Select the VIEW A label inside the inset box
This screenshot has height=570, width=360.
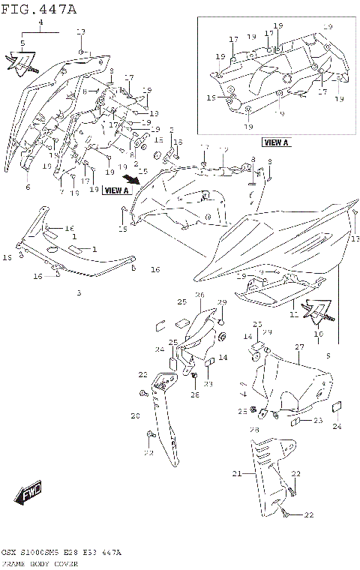(276, 142)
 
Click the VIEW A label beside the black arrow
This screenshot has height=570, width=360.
(116, 190)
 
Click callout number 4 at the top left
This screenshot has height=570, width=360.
(41, 24)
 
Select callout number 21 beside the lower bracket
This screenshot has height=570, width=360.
(237, 474)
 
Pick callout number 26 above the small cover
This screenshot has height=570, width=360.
(200, 295)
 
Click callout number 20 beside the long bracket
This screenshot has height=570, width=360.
(136, 415)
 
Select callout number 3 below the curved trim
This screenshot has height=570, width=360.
(79, 292)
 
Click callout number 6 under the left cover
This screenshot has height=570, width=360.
(28, 187)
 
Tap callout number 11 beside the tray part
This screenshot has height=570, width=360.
(294, 316)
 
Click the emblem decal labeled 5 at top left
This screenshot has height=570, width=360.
(19, 63)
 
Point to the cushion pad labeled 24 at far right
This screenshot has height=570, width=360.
(336, 409)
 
